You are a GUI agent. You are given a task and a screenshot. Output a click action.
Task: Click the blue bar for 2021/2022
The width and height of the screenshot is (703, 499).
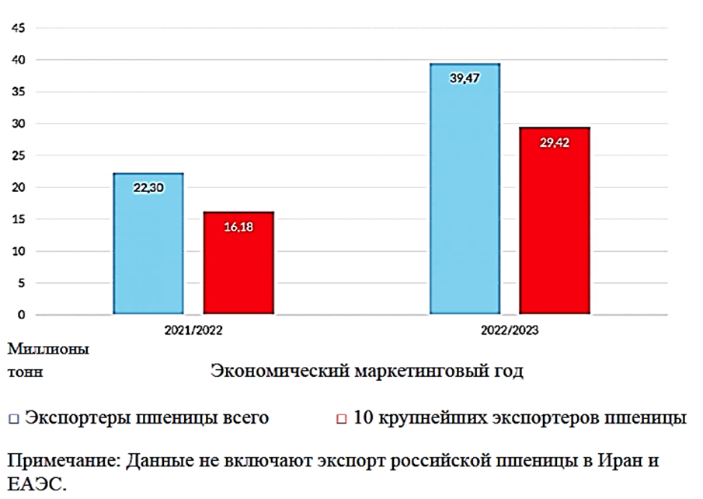click(148, 244)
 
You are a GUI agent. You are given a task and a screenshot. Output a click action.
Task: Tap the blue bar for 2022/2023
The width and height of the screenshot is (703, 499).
click(465, 190)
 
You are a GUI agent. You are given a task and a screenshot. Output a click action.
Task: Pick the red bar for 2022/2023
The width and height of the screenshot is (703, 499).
click(555, 222)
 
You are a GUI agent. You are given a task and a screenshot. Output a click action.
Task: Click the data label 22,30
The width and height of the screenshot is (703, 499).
click(148, 187)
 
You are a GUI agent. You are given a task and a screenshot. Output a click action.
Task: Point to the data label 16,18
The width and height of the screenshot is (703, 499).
click(238, 227)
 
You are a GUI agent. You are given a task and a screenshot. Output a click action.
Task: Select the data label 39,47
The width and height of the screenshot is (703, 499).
click(465, 78)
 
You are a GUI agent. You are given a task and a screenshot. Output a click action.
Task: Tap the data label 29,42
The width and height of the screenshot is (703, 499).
click(555, 142)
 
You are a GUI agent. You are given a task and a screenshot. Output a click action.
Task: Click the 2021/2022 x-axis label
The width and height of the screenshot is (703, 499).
click(193, 330)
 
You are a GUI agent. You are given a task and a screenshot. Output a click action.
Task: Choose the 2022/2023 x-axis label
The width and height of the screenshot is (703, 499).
click(510, 330)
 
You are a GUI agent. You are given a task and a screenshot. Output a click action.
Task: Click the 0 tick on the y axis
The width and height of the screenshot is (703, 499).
click(22, 315)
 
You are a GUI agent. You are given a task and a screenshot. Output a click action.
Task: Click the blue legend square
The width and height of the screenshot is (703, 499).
click(13, 419)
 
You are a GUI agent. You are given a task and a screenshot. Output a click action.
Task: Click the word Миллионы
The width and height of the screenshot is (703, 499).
click(47, 349)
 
